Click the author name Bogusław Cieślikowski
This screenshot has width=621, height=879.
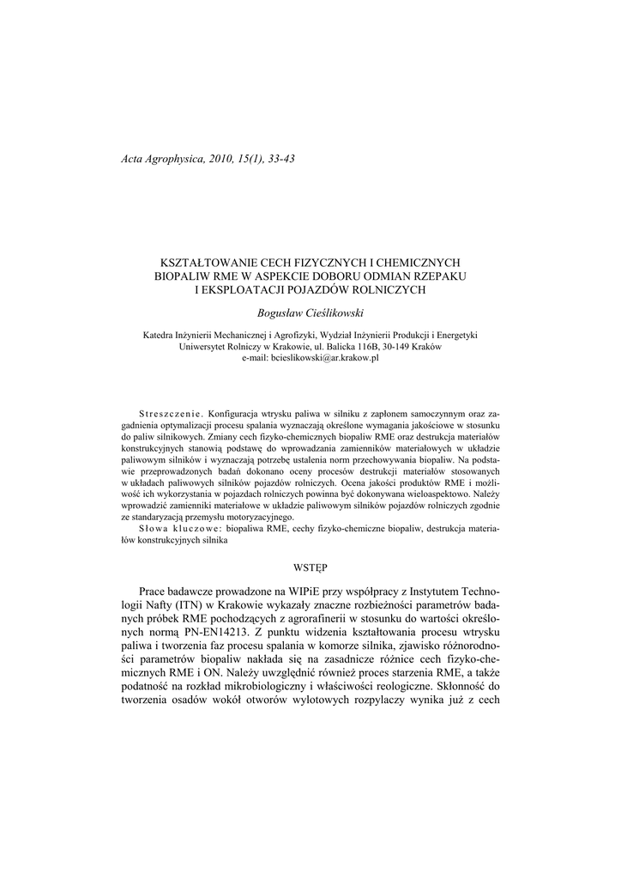(310, 314)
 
